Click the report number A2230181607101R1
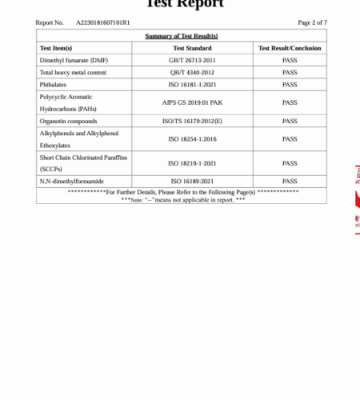click(102, 22)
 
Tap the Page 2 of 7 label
click(312, 22)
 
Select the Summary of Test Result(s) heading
click(181, 36)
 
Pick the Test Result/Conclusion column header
click(290, 48)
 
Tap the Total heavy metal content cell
click(70, 72)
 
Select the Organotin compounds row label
click(68, 121)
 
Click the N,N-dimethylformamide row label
click(72, 182)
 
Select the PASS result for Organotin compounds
click(290, 121)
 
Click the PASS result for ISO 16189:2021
click(290, 182)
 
